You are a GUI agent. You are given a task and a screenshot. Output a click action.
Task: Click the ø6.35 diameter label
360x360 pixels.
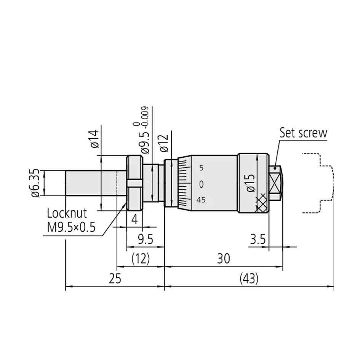coord(35,183)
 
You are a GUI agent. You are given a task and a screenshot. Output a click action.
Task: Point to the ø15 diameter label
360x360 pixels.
coord(250,183)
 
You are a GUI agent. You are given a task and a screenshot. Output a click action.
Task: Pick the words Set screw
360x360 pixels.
coord(303,133)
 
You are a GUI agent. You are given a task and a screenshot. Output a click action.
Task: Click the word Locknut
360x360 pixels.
coord(67,213)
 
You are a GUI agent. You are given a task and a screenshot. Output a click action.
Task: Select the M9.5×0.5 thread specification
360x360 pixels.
coord(71,227)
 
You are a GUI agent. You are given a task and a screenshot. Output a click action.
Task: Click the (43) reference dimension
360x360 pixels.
coord(249,279)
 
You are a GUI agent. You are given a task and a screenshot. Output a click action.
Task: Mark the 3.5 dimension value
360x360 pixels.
coord(258,240)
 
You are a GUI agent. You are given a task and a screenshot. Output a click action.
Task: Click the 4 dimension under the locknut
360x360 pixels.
coord(134,220)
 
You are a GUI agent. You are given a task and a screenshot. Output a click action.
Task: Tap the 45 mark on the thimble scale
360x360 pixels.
coord(201,200)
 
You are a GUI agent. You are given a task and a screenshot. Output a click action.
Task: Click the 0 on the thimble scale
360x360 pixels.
coord(201,184)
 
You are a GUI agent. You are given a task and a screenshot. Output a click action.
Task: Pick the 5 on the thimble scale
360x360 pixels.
coord(201,168)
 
